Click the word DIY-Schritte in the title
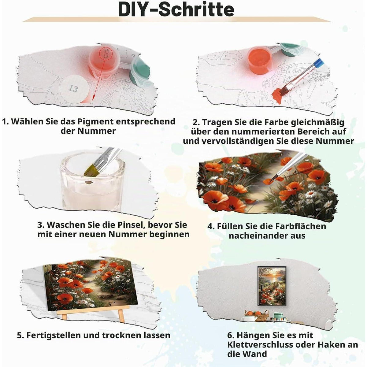click(176, 9)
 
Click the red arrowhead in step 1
click(93, 98)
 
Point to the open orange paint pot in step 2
click(260, 59)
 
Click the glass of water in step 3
click(93, 181)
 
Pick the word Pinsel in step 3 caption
click(130, 225)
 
